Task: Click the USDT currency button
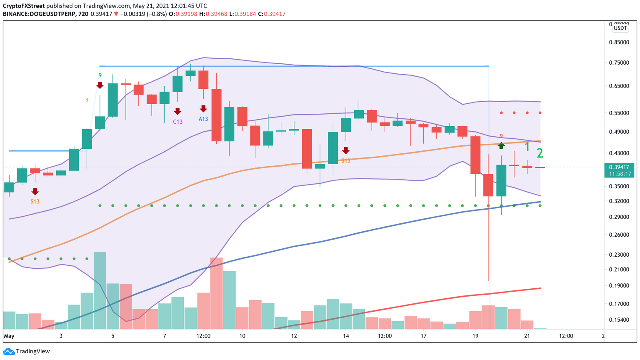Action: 620,28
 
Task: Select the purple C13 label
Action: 178,122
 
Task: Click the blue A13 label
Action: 203,119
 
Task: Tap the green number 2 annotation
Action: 540,154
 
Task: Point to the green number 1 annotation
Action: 527,147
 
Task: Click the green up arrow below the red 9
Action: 501,145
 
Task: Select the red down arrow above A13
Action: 203,109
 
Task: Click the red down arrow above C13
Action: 178,111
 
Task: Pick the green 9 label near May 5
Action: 100,75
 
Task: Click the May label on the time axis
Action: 9,336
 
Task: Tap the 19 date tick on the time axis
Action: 475,336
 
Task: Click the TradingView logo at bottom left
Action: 27,351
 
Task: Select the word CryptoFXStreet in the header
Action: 24,6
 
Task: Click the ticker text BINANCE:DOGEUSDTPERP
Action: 39,14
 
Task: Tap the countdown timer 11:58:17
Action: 620,174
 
